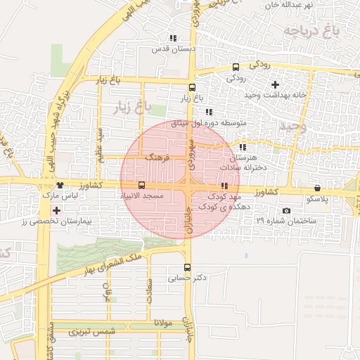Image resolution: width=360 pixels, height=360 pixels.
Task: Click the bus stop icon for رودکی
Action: point(236,67)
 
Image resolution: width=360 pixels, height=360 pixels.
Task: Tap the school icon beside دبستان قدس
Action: point(173,38)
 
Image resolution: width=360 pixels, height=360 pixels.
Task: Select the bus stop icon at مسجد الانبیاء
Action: point(142,185)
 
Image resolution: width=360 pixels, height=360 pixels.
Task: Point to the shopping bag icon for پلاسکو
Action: point(318,188)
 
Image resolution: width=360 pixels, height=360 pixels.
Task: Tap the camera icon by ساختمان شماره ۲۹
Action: point(286,210)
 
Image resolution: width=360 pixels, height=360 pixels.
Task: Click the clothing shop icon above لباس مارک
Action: point(60,185)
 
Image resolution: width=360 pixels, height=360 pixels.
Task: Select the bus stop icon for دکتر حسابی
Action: point(187,267)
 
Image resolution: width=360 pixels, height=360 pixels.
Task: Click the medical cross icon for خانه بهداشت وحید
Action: point(275,84)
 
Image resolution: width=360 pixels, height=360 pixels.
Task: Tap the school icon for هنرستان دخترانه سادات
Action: point(243,147)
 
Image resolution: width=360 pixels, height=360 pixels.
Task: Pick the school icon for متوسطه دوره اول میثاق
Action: point(208,112)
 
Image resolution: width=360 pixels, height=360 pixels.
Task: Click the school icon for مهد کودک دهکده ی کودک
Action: point(224,186)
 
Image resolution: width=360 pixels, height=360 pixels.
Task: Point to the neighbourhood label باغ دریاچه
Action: point(312,31)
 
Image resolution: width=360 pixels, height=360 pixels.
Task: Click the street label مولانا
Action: point(169,323)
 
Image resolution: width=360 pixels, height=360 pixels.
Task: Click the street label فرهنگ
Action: point(157,158)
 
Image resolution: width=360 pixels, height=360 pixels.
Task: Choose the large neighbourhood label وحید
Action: point(294,125)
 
